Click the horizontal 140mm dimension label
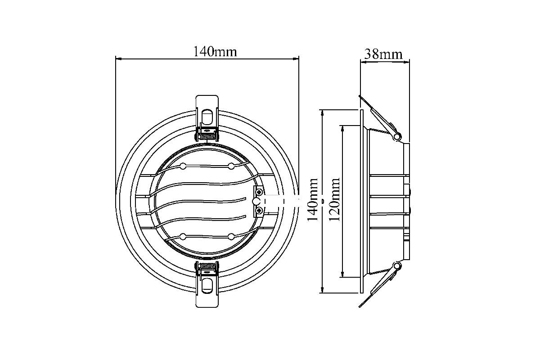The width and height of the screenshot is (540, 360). [x=215, y=52]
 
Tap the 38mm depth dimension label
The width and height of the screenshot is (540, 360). [x=383, y=54]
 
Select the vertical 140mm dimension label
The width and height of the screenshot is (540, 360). [x=313, y=200]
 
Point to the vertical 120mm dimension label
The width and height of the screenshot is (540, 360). [x=334, y=200]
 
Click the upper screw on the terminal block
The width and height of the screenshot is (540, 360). [x=259, y=192]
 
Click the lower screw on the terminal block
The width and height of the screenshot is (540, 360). [x=259, y=211]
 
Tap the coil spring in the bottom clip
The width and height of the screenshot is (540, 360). [x=207, y=266]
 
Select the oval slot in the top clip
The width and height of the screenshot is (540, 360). [x=207, y=117]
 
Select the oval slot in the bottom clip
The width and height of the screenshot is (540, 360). [x=207, y=285]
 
